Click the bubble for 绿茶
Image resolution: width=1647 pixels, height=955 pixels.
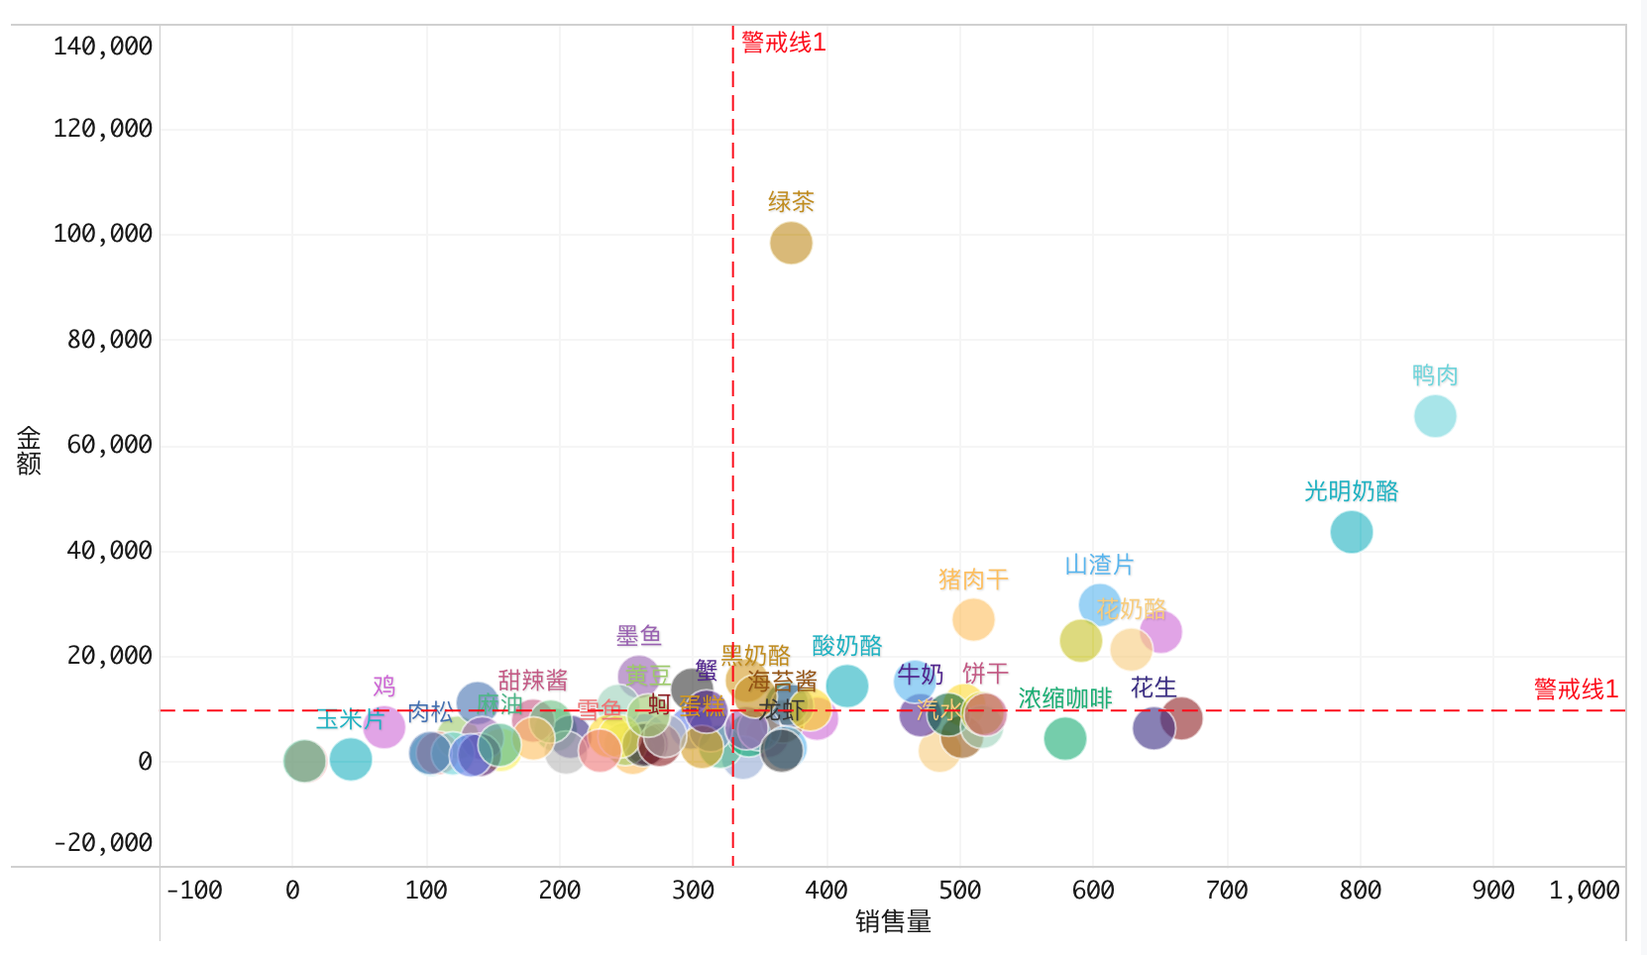[791, 243]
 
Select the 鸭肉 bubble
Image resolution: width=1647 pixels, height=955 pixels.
[1435, 416]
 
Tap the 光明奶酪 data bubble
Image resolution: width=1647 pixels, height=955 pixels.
[1352, 532]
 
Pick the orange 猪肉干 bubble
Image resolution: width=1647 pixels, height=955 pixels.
[973, 619]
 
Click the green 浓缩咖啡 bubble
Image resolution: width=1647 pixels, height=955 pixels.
[1065, 738]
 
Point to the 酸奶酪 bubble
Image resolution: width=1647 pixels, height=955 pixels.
[847, 686]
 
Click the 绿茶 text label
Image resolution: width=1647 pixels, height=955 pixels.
[791, 202]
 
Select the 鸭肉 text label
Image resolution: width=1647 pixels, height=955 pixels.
[1435, 375]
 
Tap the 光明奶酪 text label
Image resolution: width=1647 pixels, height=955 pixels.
[1352, 491]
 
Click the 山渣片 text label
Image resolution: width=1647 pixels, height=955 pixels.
[1099, 565]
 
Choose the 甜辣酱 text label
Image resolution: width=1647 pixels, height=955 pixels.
[533, 680]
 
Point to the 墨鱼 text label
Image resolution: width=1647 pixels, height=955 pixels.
[639, 635]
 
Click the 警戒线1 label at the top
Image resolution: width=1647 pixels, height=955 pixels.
[783, 43]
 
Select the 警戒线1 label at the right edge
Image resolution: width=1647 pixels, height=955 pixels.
[1576, 690]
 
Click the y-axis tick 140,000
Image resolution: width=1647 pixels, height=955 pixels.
[103, 47]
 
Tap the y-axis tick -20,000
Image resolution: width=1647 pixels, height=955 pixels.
[103, 843]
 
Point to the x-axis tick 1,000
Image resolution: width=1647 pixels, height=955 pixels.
[1584, 891]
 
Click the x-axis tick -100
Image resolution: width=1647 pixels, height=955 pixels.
[194, 891]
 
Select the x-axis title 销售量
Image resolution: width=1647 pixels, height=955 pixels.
[893, 922]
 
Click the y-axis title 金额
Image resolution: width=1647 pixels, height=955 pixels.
[29, 451]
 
